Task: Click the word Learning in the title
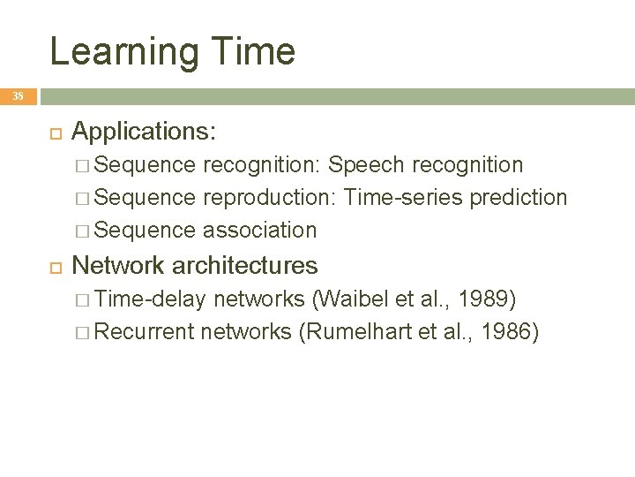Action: point(124,52)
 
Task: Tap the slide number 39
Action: point(18,95)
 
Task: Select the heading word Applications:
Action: point(144,132)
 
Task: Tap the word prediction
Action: point(519,198)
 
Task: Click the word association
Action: point(259,231)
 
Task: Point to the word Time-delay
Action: point(149,299)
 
